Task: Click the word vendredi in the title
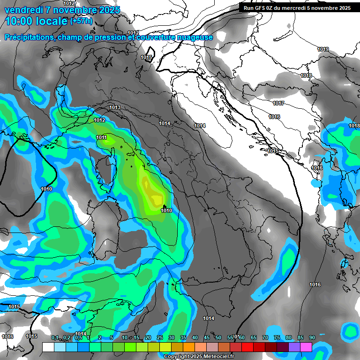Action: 22,10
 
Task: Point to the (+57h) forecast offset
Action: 81,21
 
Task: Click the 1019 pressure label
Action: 322,49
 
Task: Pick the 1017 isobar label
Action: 278,103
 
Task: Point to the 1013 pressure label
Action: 115,108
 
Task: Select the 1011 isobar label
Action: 101,137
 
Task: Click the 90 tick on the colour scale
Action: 312,337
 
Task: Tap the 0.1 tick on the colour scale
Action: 55,337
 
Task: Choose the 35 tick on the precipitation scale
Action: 183,337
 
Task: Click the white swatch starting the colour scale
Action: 48,347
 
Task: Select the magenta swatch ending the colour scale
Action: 306,347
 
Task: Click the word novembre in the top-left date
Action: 75,10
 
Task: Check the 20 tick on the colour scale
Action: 148,337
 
